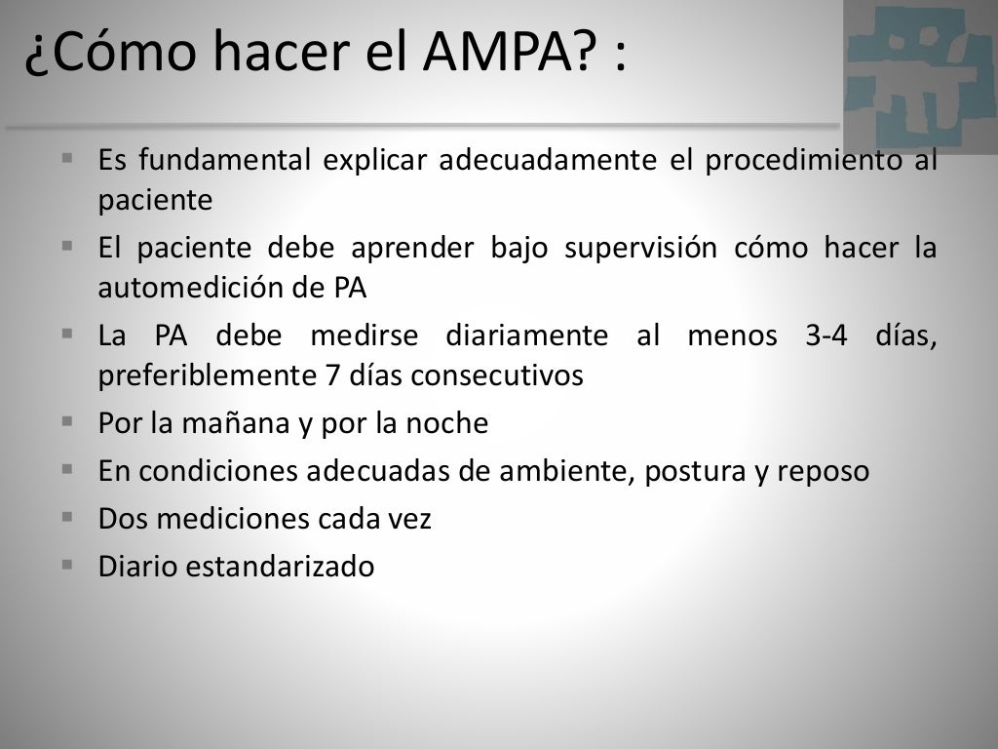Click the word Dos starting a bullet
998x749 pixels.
pos(120,518)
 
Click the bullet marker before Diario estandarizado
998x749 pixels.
pos(67,564)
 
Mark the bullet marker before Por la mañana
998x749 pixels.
pos(67,421)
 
